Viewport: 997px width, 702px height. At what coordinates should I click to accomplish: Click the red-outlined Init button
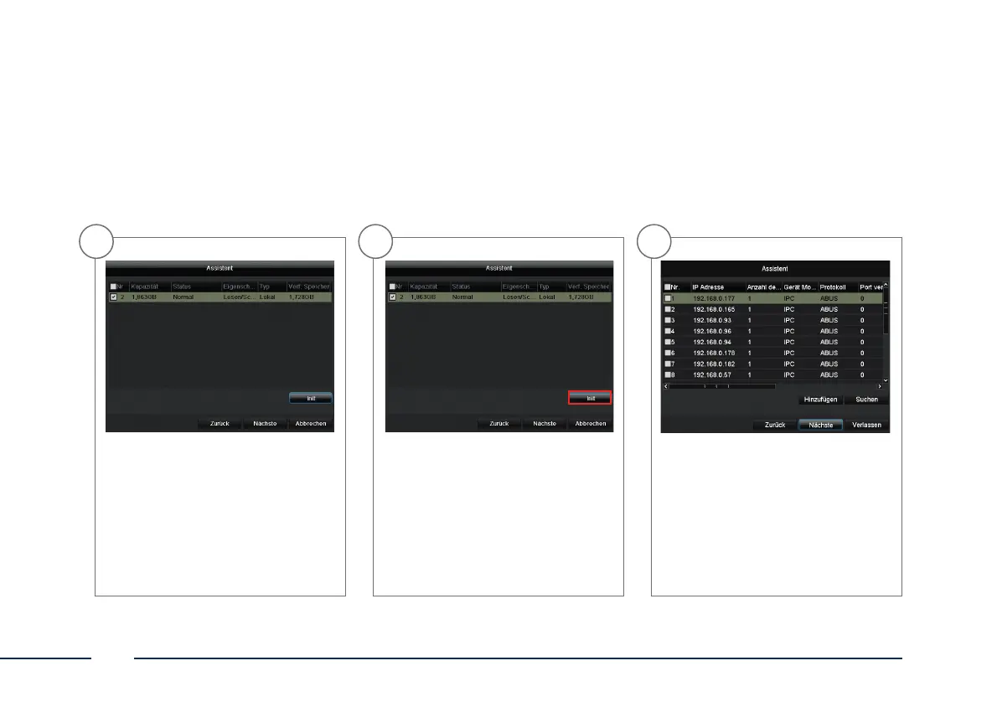pos(591,399)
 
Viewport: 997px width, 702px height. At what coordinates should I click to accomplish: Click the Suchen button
pos(866,400)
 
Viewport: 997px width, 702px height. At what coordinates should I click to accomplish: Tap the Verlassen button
pos(866,425)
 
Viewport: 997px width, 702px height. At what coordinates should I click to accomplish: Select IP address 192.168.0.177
pos(714,297)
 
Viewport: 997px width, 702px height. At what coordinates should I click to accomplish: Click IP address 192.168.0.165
pos(714,309)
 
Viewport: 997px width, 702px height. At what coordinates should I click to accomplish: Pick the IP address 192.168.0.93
pos(712,320)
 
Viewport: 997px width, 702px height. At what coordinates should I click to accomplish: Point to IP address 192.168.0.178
pos(714,353)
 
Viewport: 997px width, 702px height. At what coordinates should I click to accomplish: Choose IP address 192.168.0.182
pos(714,364)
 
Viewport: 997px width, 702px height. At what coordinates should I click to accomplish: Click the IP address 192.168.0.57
pos(712,374)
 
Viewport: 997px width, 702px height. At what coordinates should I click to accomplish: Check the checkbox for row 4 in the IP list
pos(669,331)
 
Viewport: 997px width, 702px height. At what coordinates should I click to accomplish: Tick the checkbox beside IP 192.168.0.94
pos(669,342)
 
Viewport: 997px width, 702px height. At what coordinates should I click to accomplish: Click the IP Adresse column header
pos(711,286)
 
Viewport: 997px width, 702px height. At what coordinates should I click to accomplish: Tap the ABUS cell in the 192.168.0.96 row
pos(829,331)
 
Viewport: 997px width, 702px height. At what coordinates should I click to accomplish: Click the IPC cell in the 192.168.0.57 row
pos(788,374)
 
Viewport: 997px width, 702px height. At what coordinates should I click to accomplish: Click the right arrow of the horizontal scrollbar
pos(879,386)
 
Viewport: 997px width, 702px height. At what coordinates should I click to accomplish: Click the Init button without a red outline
pos(311,399)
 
